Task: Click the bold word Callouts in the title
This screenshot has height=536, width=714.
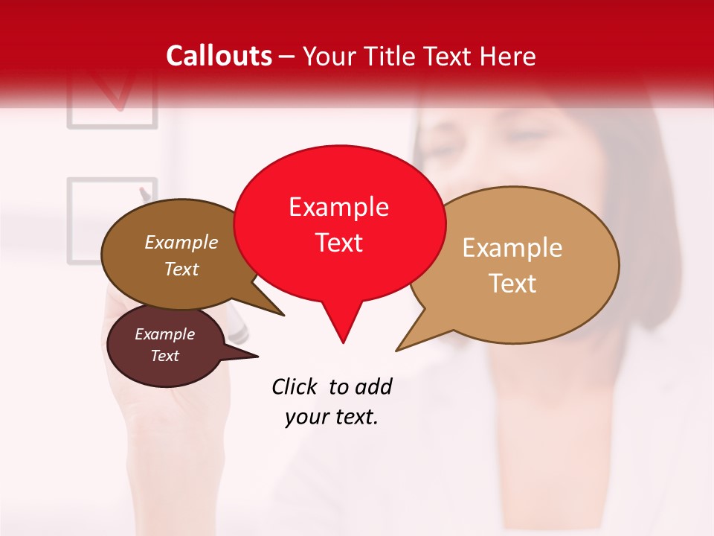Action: [219, 56]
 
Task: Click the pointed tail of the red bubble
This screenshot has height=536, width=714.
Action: [342, 331]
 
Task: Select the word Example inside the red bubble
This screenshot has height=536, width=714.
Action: [338, 207]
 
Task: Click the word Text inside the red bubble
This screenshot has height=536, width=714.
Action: [338, 243]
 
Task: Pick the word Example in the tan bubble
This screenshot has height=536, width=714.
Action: [512, 248]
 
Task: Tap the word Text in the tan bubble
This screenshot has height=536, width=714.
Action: [512, 284]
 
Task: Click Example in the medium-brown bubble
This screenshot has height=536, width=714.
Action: [181, 242]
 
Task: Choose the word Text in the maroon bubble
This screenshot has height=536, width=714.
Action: [164, 356]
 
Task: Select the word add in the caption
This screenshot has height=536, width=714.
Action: [373, 386]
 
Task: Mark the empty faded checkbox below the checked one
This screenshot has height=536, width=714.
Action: [112, 220]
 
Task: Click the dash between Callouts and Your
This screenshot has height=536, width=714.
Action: [287, 56]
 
